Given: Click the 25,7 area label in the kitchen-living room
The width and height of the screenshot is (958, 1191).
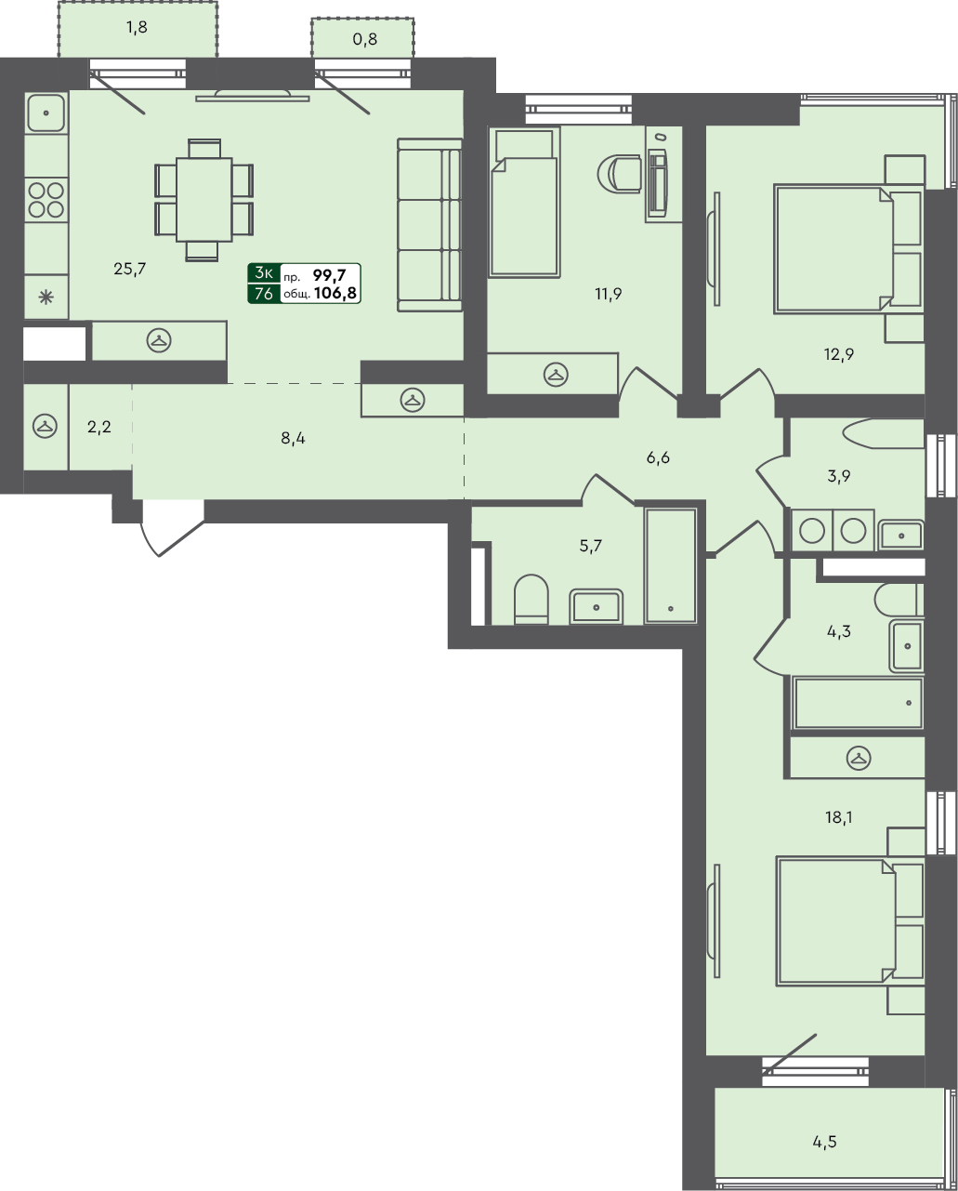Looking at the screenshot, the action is click(x=129, y=269).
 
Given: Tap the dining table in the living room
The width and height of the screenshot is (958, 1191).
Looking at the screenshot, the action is click(x=204, y=200).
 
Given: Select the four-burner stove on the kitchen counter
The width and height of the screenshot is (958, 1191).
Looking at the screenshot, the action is click(x=46, y=200).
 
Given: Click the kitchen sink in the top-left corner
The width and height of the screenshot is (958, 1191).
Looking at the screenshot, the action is click(x=46, y=112).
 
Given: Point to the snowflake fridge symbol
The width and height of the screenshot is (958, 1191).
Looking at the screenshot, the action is click(x=46, y=298).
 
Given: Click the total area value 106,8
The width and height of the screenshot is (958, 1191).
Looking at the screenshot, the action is click(x=335, y=293).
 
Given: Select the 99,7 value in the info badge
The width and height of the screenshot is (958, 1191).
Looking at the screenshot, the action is click(x=329, y=274).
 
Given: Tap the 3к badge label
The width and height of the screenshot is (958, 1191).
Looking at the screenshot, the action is click(x=264, y=272).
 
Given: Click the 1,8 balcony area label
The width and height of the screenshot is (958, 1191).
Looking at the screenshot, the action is click(x=137, y=27).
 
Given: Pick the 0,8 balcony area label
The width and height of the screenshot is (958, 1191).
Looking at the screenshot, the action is click(x=365, y=39).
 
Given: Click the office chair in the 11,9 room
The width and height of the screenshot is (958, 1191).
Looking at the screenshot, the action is click(x=620, y=174).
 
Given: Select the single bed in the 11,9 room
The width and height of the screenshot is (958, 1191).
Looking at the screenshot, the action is click(x=524, y=202).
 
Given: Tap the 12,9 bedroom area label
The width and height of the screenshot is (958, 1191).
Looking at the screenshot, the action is click(x=838, y=354).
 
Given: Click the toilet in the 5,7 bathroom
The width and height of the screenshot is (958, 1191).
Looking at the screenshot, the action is click(x=531, y=600).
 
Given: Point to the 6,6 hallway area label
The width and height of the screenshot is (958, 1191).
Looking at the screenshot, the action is click(x=658, y=457).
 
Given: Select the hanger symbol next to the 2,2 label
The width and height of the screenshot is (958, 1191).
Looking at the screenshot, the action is click(x=46, y=427).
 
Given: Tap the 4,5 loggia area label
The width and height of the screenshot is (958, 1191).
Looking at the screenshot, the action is click(x=824, y=1141).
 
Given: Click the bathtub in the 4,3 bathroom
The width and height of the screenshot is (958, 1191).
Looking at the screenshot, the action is click(x=858, y=702).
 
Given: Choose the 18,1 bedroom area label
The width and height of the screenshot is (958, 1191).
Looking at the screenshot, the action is click(x=838, y=817).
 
